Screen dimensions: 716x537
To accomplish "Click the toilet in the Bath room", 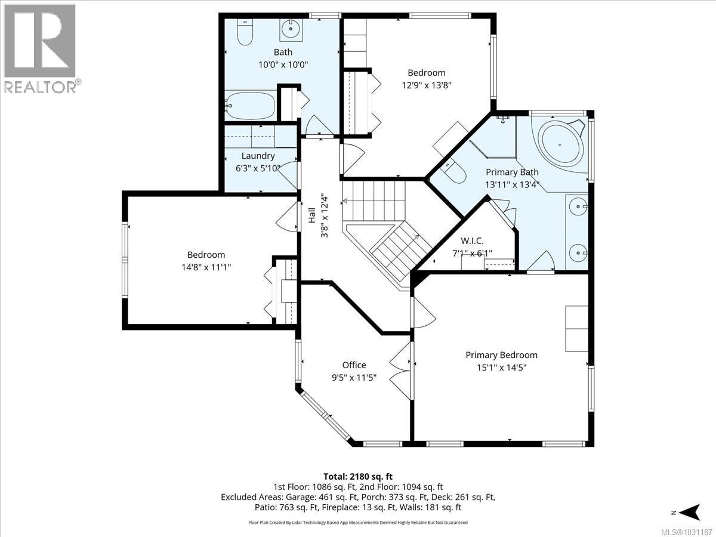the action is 245,32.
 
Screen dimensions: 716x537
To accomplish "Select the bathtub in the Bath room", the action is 251,106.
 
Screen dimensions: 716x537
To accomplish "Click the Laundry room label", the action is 258,156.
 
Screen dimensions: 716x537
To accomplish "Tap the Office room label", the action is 354,365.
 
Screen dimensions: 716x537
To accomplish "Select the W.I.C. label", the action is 472,241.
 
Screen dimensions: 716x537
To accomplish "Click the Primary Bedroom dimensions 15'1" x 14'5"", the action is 502,368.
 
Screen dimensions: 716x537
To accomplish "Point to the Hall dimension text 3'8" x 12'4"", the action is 324,217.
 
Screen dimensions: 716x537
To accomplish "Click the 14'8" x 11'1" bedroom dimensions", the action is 206,267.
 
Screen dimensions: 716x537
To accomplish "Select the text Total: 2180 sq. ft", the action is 358,477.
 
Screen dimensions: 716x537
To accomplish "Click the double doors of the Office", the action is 400,371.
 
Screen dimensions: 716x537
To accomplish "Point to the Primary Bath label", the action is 512,172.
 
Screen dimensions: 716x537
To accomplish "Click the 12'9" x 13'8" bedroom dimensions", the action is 427,85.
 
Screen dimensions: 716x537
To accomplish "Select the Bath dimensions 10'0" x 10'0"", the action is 283,64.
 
